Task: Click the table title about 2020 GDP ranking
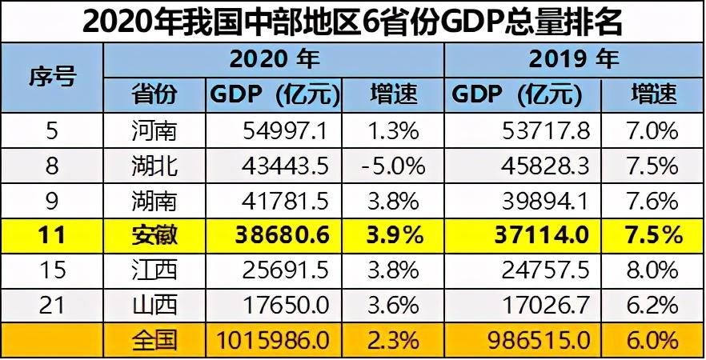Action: click(352, 22)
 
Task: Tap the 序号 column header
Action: click(52, 78)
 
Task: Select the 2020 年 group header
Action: click(275, 59)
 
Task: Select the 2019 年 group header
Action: click(574, 59)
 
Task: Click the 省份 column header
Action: click(154, 95)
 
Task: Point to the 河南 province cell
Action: click(154, 131)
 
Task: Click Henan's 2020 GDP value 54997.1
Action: click(286, 131)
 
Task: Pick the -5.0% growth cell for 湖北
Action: click(392, 166)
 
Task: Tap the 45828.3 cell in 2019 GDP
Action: click(545, 166)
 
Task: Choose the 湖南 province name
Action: click(154, 201)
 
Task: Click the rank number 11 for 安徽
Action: click(52, 236)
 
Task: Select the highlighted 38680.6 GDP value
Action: click(283, 236)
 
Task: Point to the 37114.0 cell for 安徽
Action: click(542, 236)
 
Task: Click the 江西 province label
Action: click(154, 270)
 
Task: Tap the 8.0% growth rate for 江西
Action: click(652, 270)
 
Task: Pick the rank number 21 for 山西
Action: click(52, 306)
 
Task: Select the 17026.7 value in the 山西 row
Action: click(545, 306)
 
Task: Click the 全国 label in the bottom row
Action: click(154, 341)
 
